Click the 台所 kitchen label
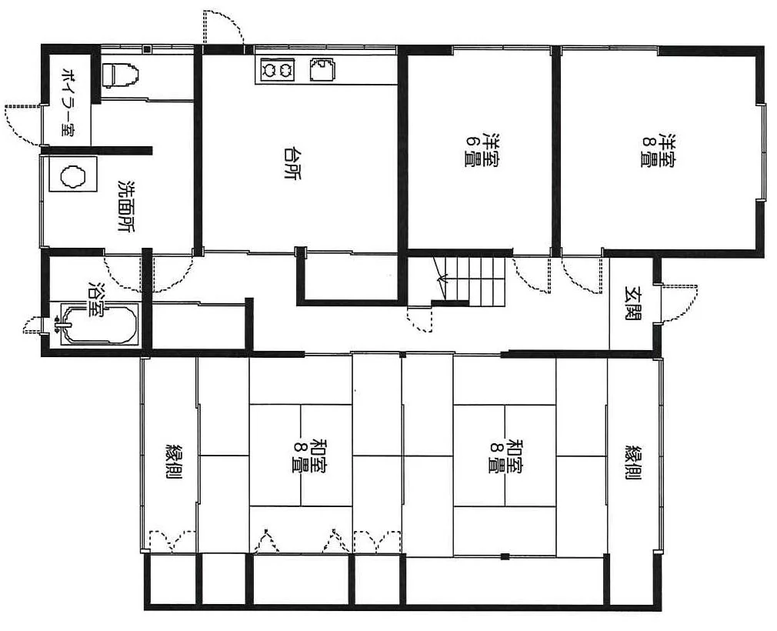point(292,163)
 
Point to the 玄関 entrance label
point(633,302)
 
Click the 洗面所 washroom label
point(126,205)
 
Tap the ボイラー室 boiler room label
point(68,102)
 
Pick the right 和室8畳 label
point(506,456)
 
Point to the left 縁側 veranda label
point(174,461)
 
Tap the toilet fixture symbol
point(121,75)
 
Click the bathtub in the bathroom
point(98,324)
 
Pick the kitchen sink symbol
point(322,69)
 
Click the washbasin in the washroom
point(72,175)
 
